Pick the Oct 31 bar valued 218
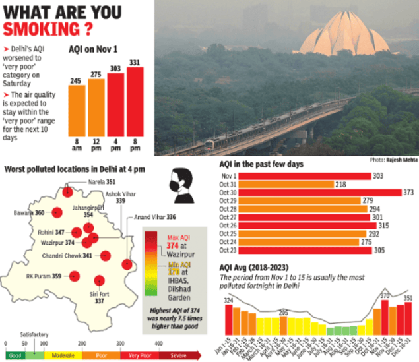[278, 185]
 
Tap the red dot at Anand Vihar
[127, 264]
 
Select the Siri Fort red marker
[100, 280]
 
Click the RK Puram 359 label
[44, 276]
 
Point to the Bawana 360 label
[31, 213]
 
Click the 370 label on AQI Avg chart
[384, 296]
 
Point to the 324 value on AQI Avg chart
[230, 301]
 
